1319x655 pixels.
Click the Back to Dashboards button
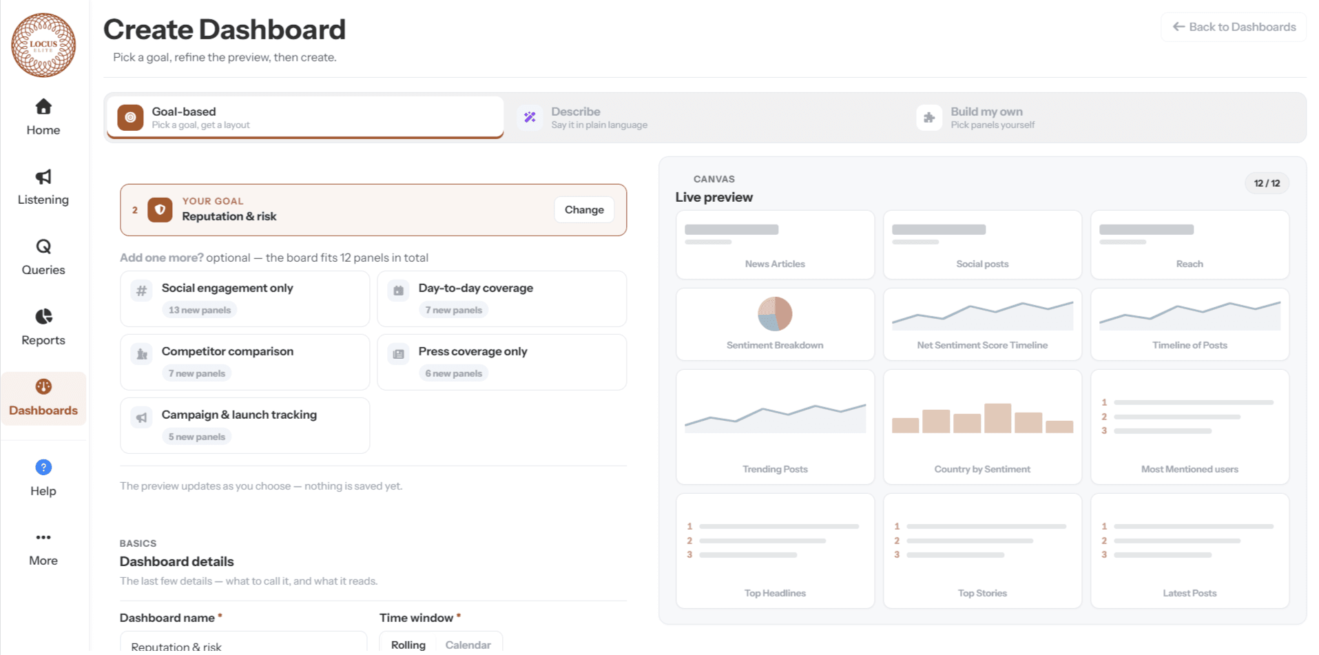[x=1234, y=27]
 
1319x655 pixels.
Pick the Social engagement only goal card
[x=245, y=299]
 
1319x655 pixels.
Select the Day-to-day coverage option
[x=501, y=299]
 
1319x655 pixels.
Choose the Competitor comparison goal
[x=245, y=362]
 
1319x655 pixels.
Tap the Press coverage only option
[x=501, y=362]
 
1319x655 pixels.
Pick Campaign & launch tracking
[x=245, y=426]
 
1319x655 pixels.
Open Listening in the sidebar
[x=43, y=188]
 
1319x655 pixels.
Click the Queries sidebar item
[x=43, y=258]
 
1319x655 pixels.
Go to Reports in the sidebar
[x=43, y=328]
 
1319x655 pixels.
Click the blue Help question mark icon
[x=43, y=468]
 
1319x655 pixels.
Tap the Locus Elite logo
[x=43, y=45]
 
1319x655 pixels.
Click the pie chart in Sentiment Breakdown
[x=775, y=314]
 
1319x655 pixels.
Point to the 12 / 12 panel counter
[x=1267, y=183]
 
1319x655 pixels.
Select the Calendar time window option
[x=468, y=645]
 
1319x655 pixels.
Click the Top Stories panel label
[x=982, y=593]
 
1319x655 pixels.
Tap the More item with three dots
[x=43, y=549]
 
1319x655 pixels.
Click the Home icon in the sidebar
[x=43, y=107]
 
